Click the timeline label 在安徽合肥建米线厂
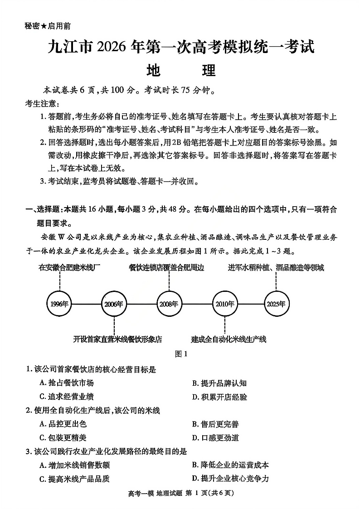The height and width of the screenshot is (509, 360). pos(69,267)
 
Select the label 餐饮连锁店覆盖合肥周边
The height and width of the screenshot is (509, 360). pos(166,267)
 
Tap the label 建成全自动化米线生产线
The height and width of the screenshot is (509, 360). pos(229,339)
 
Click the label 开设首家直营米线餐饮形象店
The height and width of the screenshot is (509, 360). pos(117,339)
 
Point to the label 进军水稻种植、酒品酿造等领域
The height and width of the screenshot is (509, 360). pos(276,267)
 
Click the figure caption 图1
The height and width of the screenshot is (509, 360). pos(181,354)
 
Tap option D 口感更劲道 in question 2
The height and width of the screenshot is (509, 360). pos(215,438)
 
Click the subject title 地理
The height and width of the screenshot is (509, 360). pos(181,70)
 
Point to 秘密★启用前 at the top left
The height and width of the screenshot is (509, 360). pos(48,26)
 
